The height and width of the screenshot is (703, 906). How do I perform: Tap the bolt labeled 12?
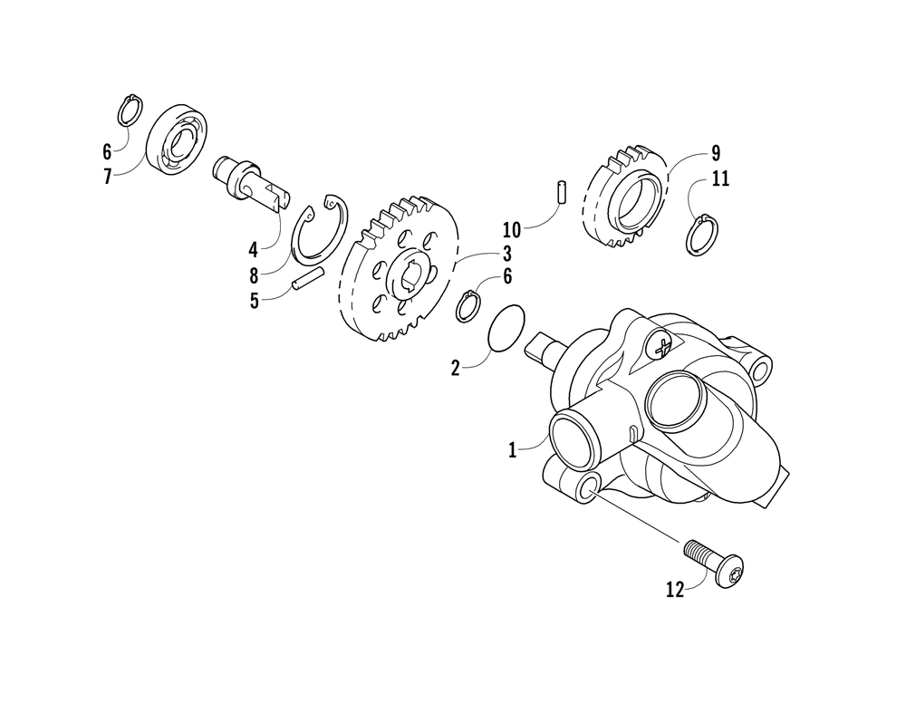click(x=714, y=562)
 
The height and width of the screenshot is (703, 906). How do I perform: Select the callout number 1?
click(x=512, y=448)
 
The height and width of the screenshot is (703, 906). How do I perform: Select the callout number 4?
click(x=255, y=246)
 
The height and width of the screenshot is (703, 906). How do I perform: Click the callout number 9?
click(x=715, y=151)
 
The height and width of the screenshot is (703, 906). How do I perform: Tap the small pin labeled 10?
click(x=562, y=193)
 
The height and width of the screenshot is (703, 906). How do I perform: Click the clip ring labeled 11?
click(x=702, y=235)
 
